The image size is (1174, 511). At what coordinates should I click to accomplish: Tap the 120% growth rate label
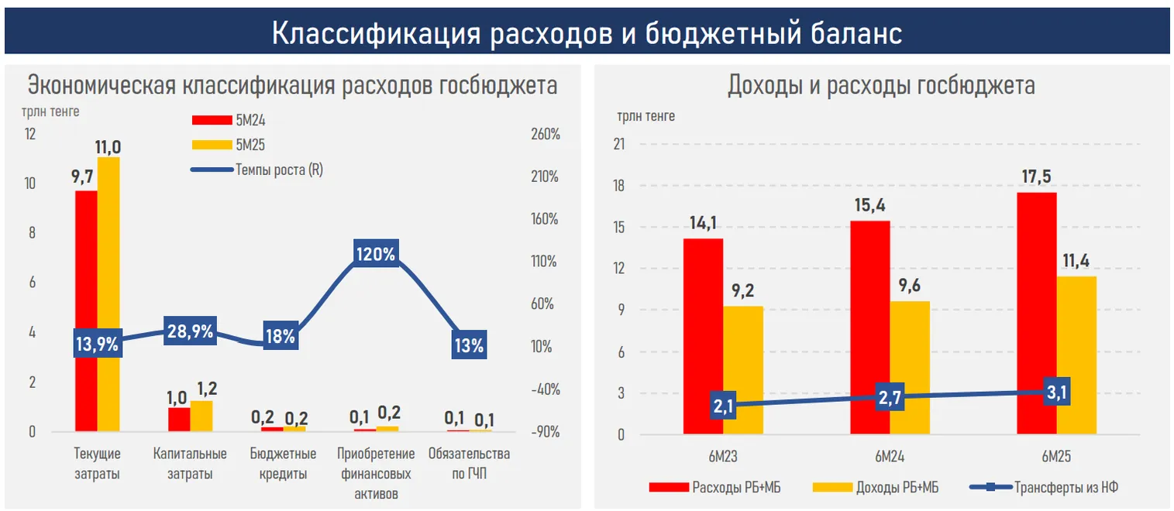pyautogui.click(x=375, y=254)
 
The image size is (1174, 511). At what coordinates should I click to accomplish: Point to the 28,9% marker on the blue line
pyautogui.click(x=191, y=331)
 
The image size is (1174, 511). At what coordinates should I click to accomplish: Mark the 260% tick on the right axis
pyautogui.click(x=546, y=135)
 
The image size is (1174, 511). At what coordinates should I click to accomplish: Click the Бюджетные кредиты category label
pyautogui.click(x=282, y=464)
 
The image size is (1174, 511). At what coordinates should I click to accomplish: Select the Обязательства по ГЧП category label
pyautogui.click(x=469, y=464)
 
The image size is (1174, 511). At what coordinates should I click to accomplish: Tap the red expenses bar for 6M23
pyautogui.click(x=703, y=336)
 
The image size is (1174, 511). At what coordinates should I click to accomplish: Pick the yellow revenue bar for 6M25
pyautogui.click(x=1077, y=355)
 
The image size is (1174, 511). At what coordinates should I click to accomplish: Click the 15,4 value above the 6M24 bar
pyautogui.click(x=869, y=206)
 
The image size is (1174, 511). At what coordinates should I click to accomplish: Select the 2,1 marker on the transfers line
pyautogui.click(x=723, y=406)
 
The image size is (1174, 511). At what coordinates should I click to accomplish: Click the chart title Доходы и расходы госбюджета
pyautogui.click(x=881, y=85)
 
